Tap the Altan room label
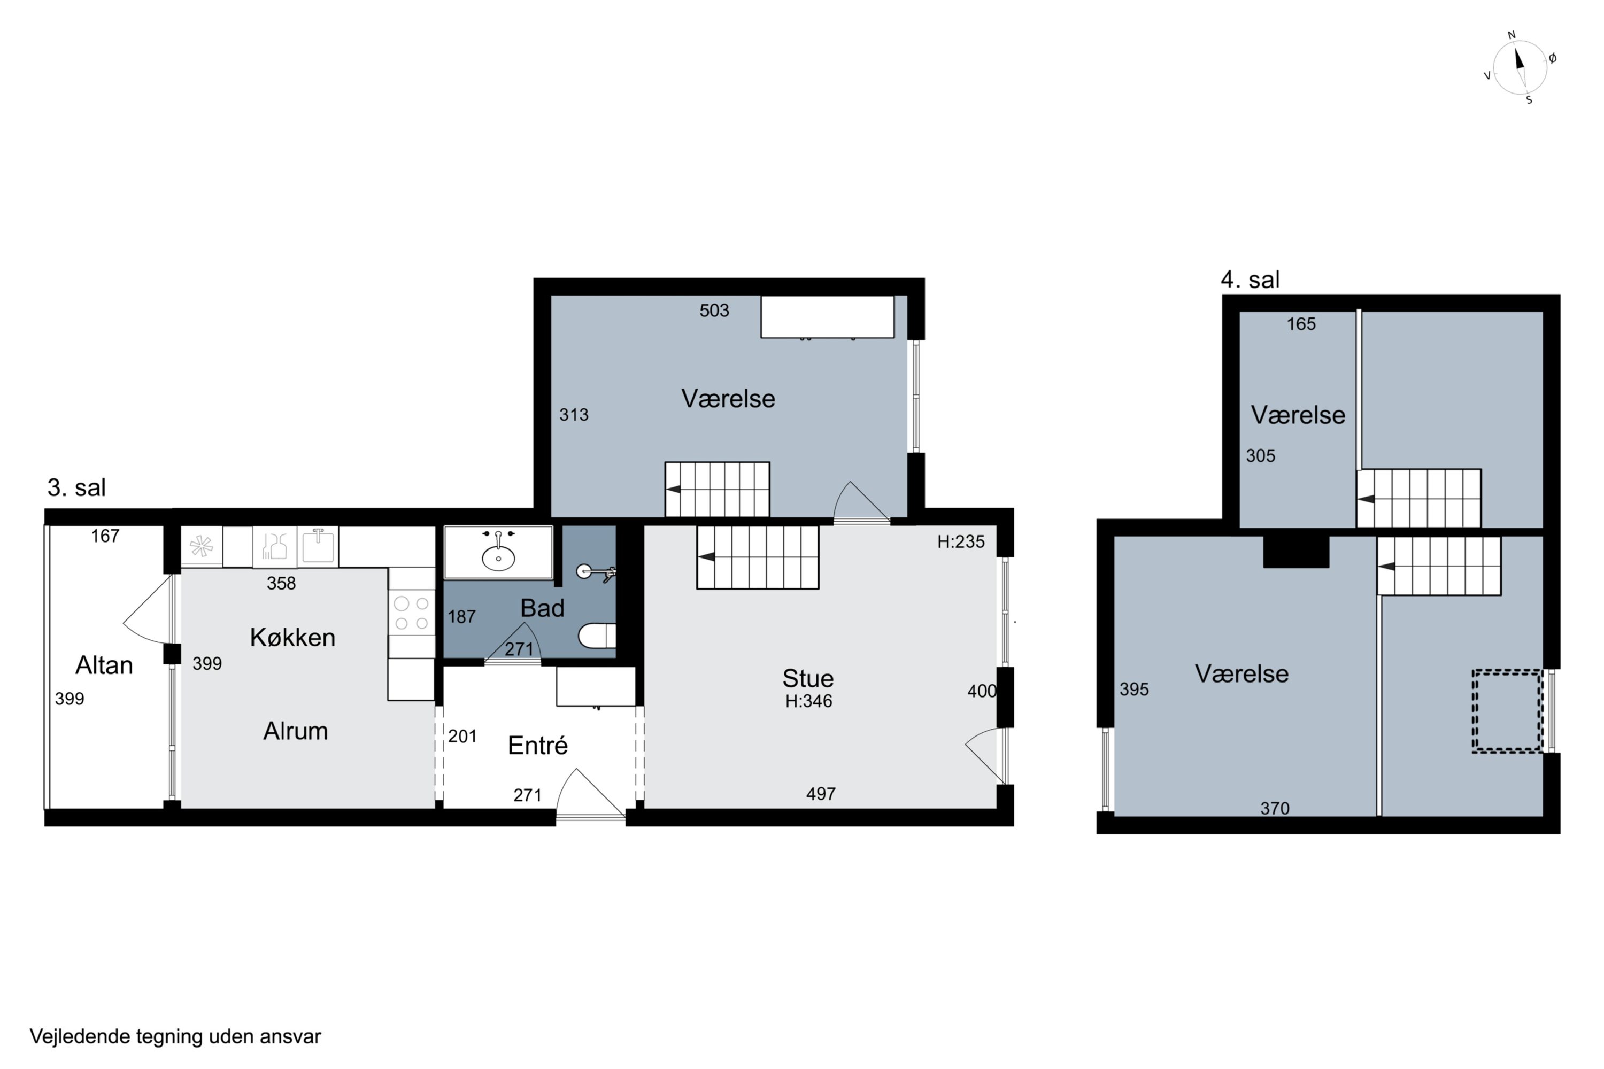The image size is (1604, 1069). click(x=104, y=665)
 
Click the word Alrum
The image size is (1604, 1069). click(x=295, y=731)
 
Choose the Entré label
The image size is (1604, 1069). click(x=537, y=745)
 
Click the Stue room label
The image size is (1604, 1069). click(x=808, y=678)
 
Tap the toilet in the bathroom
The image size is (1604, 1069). click(x=597, y=636)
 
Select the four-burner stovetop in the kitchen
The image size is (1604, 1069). click(x=412, y=613)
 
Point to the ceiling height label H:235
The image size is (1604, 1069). click(x=961, y=542)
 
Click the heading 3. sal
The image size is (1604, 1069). click(x=76, y=487)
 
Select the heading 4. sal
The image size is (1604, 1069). click(x=1250, y=280)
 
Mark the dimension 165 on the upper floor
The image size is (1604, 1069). click(x=1301, y=324)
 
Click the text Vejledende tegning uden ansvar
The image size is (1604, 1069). click(x=175, y=1037)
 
